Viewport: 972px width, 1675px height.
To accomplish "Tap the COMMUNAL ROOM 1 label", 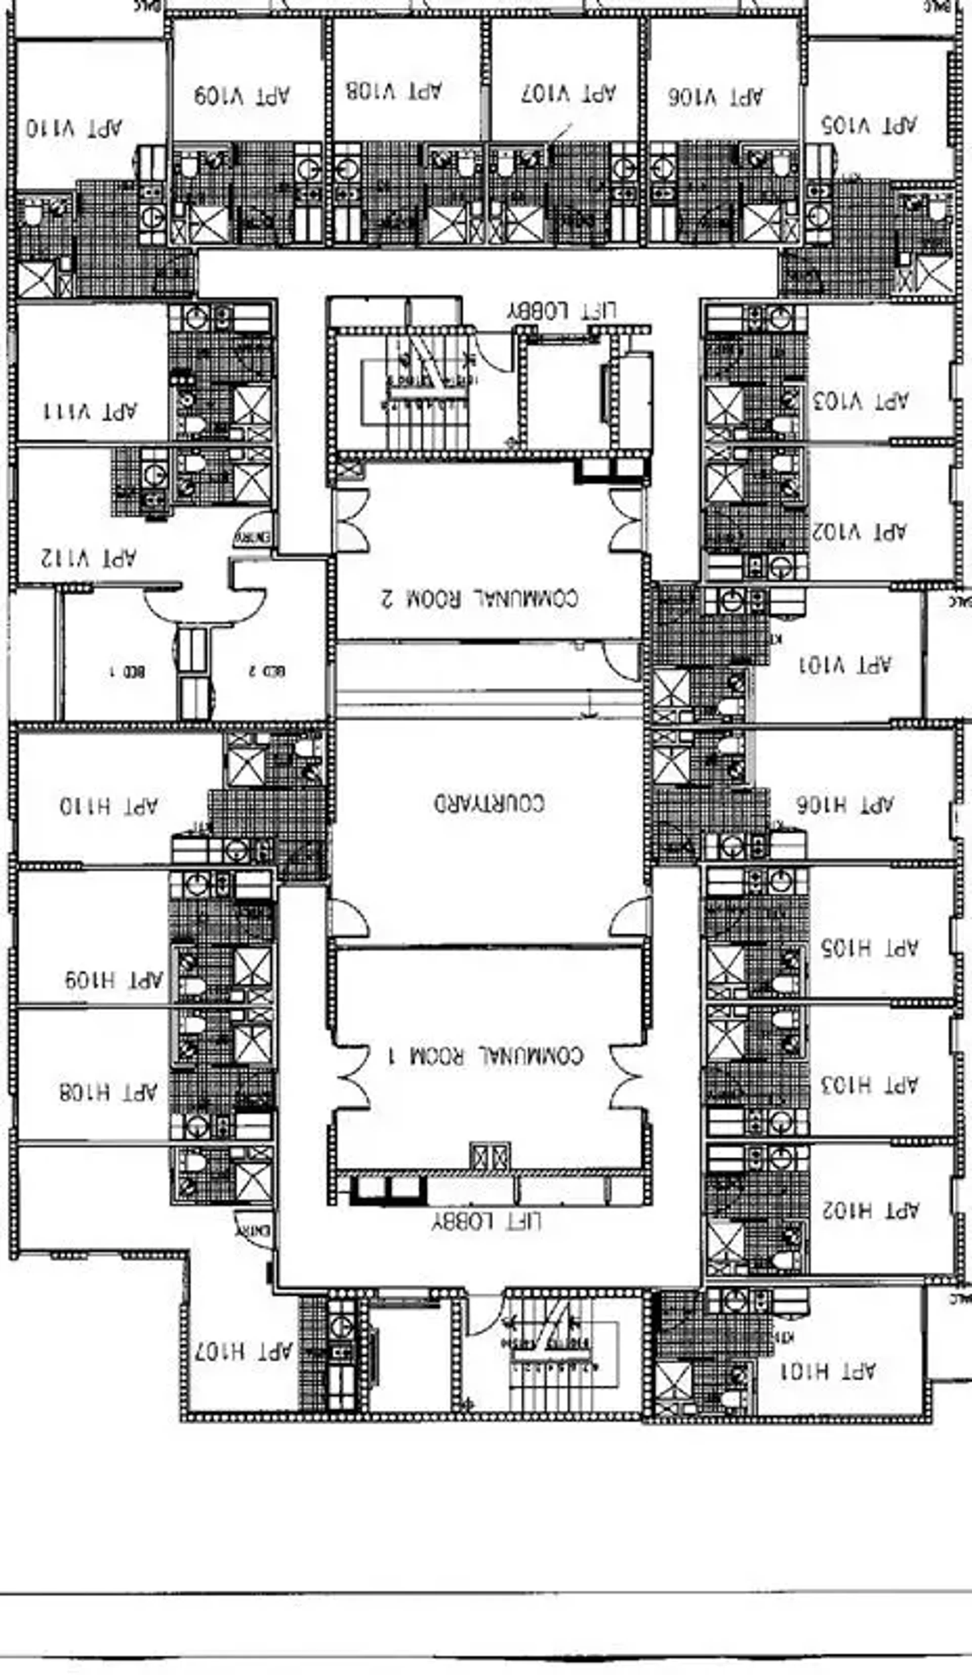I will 486,1056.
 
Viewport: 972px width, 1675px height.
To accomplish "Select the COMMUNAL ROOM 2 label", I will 479,598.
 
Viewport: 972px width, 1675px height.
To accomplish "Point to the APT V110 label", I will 74,128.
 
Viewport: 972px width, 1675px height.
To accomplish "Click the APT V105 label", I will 869,124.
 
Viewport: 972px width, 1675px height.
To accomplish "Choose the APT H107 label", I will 244,1351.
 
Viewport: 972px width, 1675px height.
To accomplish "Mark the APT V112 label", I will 89,558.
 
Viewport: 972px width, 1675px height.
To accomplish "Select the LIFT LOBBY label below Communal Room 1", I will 486,1222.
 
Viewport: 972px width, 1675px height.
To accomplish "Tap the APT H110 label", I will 109,806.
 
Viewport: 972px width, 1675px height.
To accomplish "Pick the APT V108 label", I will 393,91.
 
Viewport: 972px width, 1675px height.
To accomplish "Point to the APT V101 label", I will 844,664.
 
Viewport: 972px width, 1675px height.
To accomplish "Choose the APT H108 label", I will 108,1092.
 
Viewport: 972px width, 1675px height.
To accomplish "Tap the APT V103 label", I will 860,401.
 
